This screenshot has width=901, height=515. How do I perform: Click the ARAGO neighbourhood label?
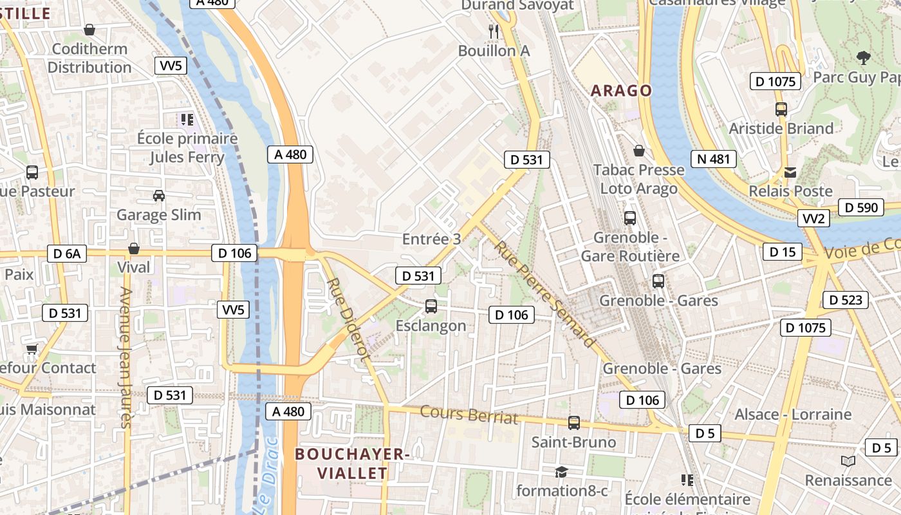[x=621, y=91]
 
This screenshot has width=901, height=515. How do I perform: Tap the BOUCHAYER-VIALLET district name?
[x=352, y=464]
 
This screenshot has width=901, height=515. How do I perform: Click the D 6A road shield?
[x=67, y=254]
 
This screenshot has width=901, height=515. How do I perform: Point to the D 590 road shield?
[x=860, y=207]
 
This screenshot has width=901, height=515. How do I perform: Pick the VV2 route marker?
[x=813, y=219]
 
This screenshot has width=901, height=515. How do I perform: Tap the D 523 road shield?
[x=846, y=300]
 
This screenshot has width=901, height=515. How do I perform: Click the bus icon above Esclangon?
[x=431, y=306]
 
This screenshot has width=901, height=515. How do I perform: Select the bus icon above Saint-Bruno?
[x=573, y=423]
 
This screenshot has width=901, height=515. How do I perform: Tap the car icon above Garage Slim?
[x=158, y=196]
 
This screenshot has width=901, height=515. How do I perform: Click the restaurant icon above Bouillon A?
[x=494, y=31]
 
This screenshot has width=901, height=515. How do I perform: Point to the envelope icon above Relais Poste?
[x=790, y=173]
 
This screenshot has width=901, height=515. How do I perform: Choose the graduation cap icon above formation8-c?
[x=561, y=472]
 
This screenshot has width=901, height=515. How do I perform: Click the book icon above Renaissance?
[x=848, y=462]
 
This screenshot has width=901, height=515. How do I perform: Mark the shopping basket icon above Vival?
[x=134, y=248]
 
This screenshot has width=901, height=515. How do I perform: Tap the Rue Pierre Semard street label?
[x=544, y=294]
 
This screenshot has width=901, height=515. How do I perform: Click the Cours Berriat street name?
[x=469, y=415]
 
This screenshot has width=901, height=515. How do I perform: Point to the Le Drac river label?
[x=266, y=476]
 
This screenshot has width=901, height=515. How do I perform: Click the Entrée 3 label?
[x=431, y=239]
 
